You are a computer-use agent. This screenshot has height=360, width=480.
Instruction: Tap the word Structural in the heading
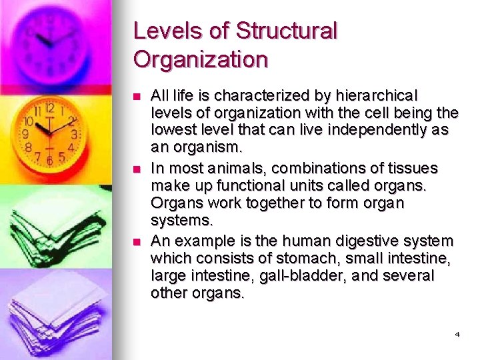pyautogui.click(x=287, y=31)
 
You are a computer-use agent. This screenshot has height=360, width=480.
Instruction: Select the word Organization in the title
pyautogui.click(x=200, y=59)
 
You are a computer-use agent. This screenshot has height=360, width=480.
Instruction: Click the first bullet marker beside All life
pyautogui.click(x=138, y=97)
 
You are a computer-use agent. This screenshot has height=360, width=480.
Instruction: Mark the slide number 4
pyautogui.click(x=457, y=333)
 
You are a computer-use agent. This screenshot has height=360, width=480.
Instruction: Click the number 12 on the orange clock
pyautogui.click(x=49, y=107)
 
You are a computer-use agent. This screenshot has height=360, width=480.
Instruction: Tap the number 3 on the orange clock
pyautogui.click(x=74, y=134)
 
